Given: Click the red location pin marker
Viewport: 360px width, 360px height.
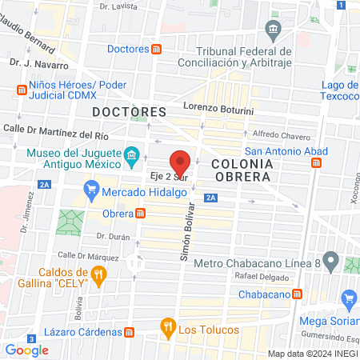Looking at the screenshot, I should click(181, 162).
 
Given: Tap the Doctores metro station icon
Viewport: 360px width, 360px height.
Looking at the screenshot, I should click(157, 50).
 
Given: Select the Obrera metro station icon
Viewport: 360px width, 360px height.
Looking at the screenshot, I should click(141, 214).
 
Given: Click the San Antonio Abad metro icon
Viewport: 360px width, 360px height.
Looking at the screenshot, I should click(317, 162).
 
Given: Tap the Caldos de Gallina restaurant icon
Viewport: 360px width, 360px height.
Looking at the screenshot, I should click(99, 276).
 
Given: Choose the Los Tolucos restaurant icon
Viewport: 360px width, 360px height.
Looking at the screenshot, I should click(167, 326).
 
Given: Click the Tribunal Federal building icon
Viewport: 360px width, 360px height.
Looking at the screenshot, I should click(274, 33).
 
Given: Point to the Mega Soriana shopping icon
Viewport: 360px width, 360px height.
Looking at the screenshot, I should click(348, 300).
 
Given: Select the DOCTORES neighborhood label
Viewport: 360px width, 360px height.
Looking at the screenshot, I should click(129, 111).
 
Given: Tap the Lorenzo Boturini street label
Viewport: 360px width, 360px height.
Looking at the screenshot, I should click(218, 106).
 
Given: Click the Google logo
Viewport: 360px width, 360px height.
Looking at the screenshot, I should click(27, 350).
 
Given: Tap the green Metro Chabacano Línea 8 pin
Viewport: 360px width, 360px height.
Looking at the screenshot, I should click(333, 262).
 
